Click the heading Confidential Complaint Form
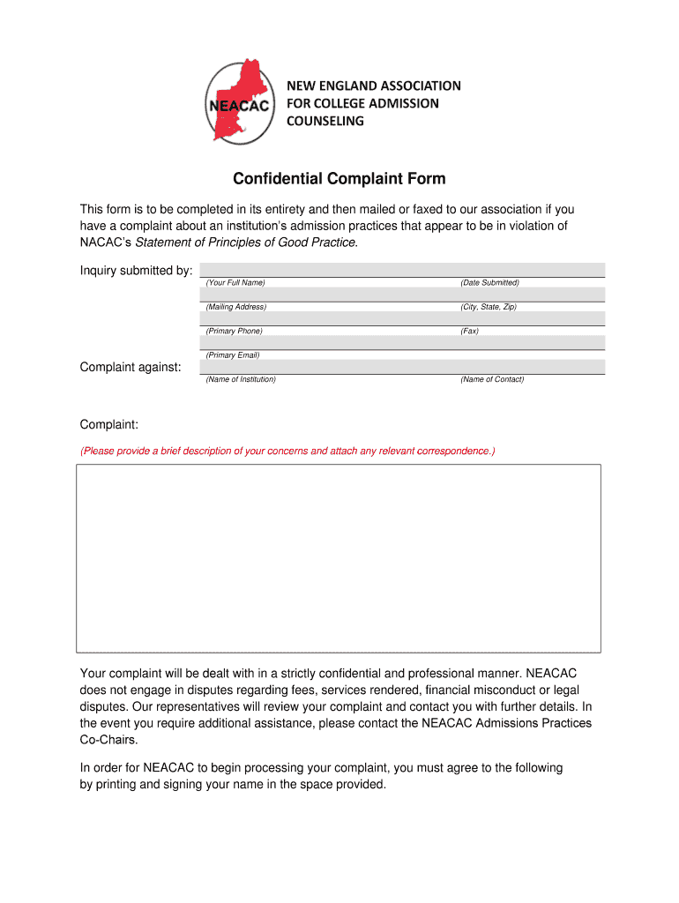339,180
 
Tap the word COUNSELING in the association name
325,121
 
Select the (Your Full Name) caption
235,283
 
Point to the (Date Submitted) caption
489,283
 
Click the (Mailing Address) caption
236,307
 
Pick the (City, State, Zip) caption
489,307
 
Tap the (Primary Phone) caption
235,332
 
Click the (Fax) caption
470,332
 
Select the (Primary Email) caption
233,355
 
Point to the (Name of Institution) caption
241,379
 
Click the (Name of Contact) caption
492,379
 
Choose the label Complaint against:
131,367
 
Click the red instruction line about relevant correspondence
288,451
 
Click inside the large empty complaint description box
339,558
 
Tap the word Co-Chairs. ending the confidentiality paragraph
109,741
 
